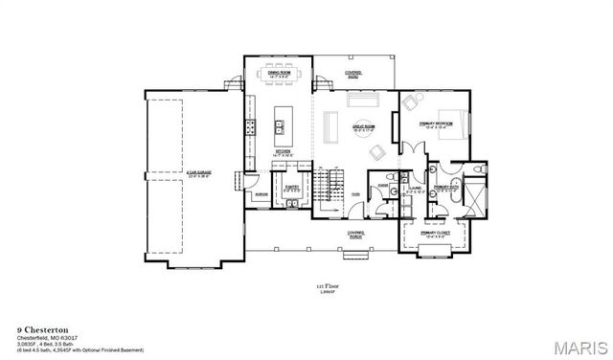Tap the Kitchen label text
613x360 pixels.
click(x=284, y=152)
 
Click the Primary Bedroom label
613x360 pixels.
click(x=436, y=124)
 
